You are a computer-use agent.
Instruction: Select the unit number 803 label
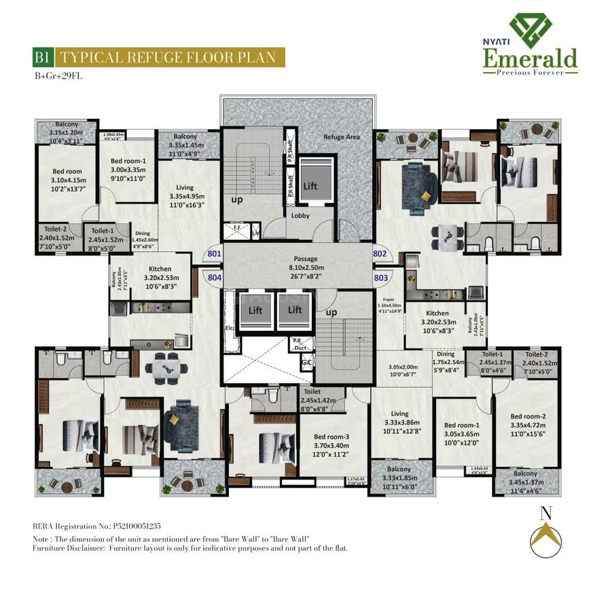tap(380, 277)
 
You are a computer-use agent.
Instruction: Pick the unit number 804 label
tap(214, 277)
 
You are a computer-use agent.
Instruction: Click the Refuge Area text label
tap(342, 137)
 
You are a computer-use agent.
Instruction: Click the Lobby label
tap(301, 215)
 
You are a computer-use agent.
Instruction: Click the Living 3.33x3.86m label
tap(399, 422)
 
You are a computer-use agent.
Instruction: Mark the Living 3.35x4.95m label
tap(185, 196)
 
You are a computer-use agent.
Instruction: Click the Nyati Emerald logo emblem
tap(530, 29)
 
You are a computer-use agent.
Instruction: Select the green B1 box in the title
tap(43, 57)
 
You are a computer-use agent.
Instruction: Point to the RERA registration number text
tap(96, 526)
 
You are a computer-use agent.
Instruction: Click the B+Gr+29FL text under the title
tap(59, 75)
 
